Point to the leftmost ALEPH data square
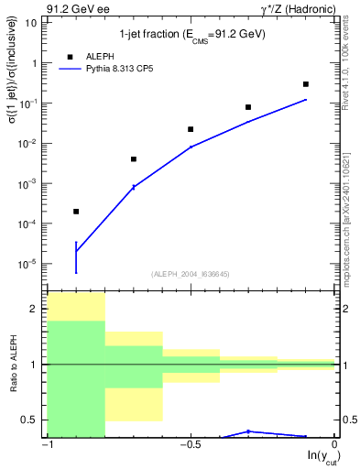click(76, 212)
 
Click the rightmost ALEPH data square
click(306, 84)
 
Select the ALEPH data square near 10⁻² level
click(191, 129)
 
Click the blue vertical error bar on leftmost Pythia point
click(76, 257)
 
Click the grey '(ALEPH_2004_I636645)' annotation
click(191, 273)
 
